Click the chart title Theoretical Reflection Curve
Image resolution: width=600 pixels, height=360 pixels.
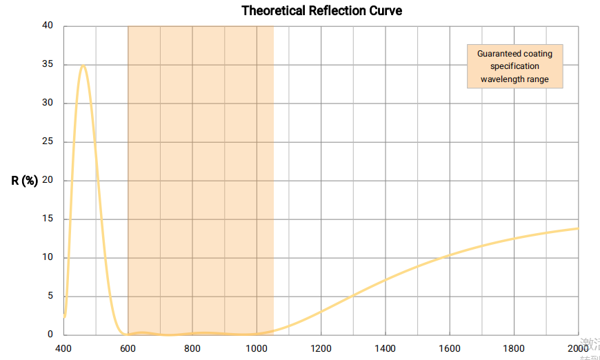pos(321,11)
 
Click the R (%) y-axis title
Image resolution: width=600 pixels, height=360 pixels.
pos(24,181)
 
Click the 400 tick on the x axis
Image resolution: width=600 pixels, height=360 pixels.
pos(63,348)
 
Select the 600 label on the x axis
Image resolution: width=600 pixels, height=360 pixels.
pos(128,348)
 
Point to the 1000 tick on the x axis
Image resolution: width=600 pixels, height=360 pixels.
pos(257,348)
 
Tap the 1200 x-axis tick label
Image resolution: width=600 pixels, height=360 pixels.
pos(321,348)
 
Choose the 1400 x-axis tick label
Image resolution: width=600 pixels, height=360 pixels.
pos(385,348)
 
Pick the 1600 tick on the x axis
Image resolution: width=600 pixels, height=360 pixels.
pos(449,348)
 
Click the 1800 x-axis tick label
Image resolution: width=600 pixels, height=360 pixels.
pos(514,348)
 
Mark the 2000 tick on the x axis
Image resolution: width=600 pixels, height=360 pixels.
pos(578,348)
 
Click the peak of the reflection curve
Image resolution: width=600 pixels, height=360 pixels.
pos(83,66)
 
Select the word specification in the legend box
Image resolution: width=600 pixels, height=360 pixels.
pos(514,66)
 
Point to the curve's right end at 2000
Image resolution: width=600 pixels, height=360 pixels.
pos(577,228)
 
